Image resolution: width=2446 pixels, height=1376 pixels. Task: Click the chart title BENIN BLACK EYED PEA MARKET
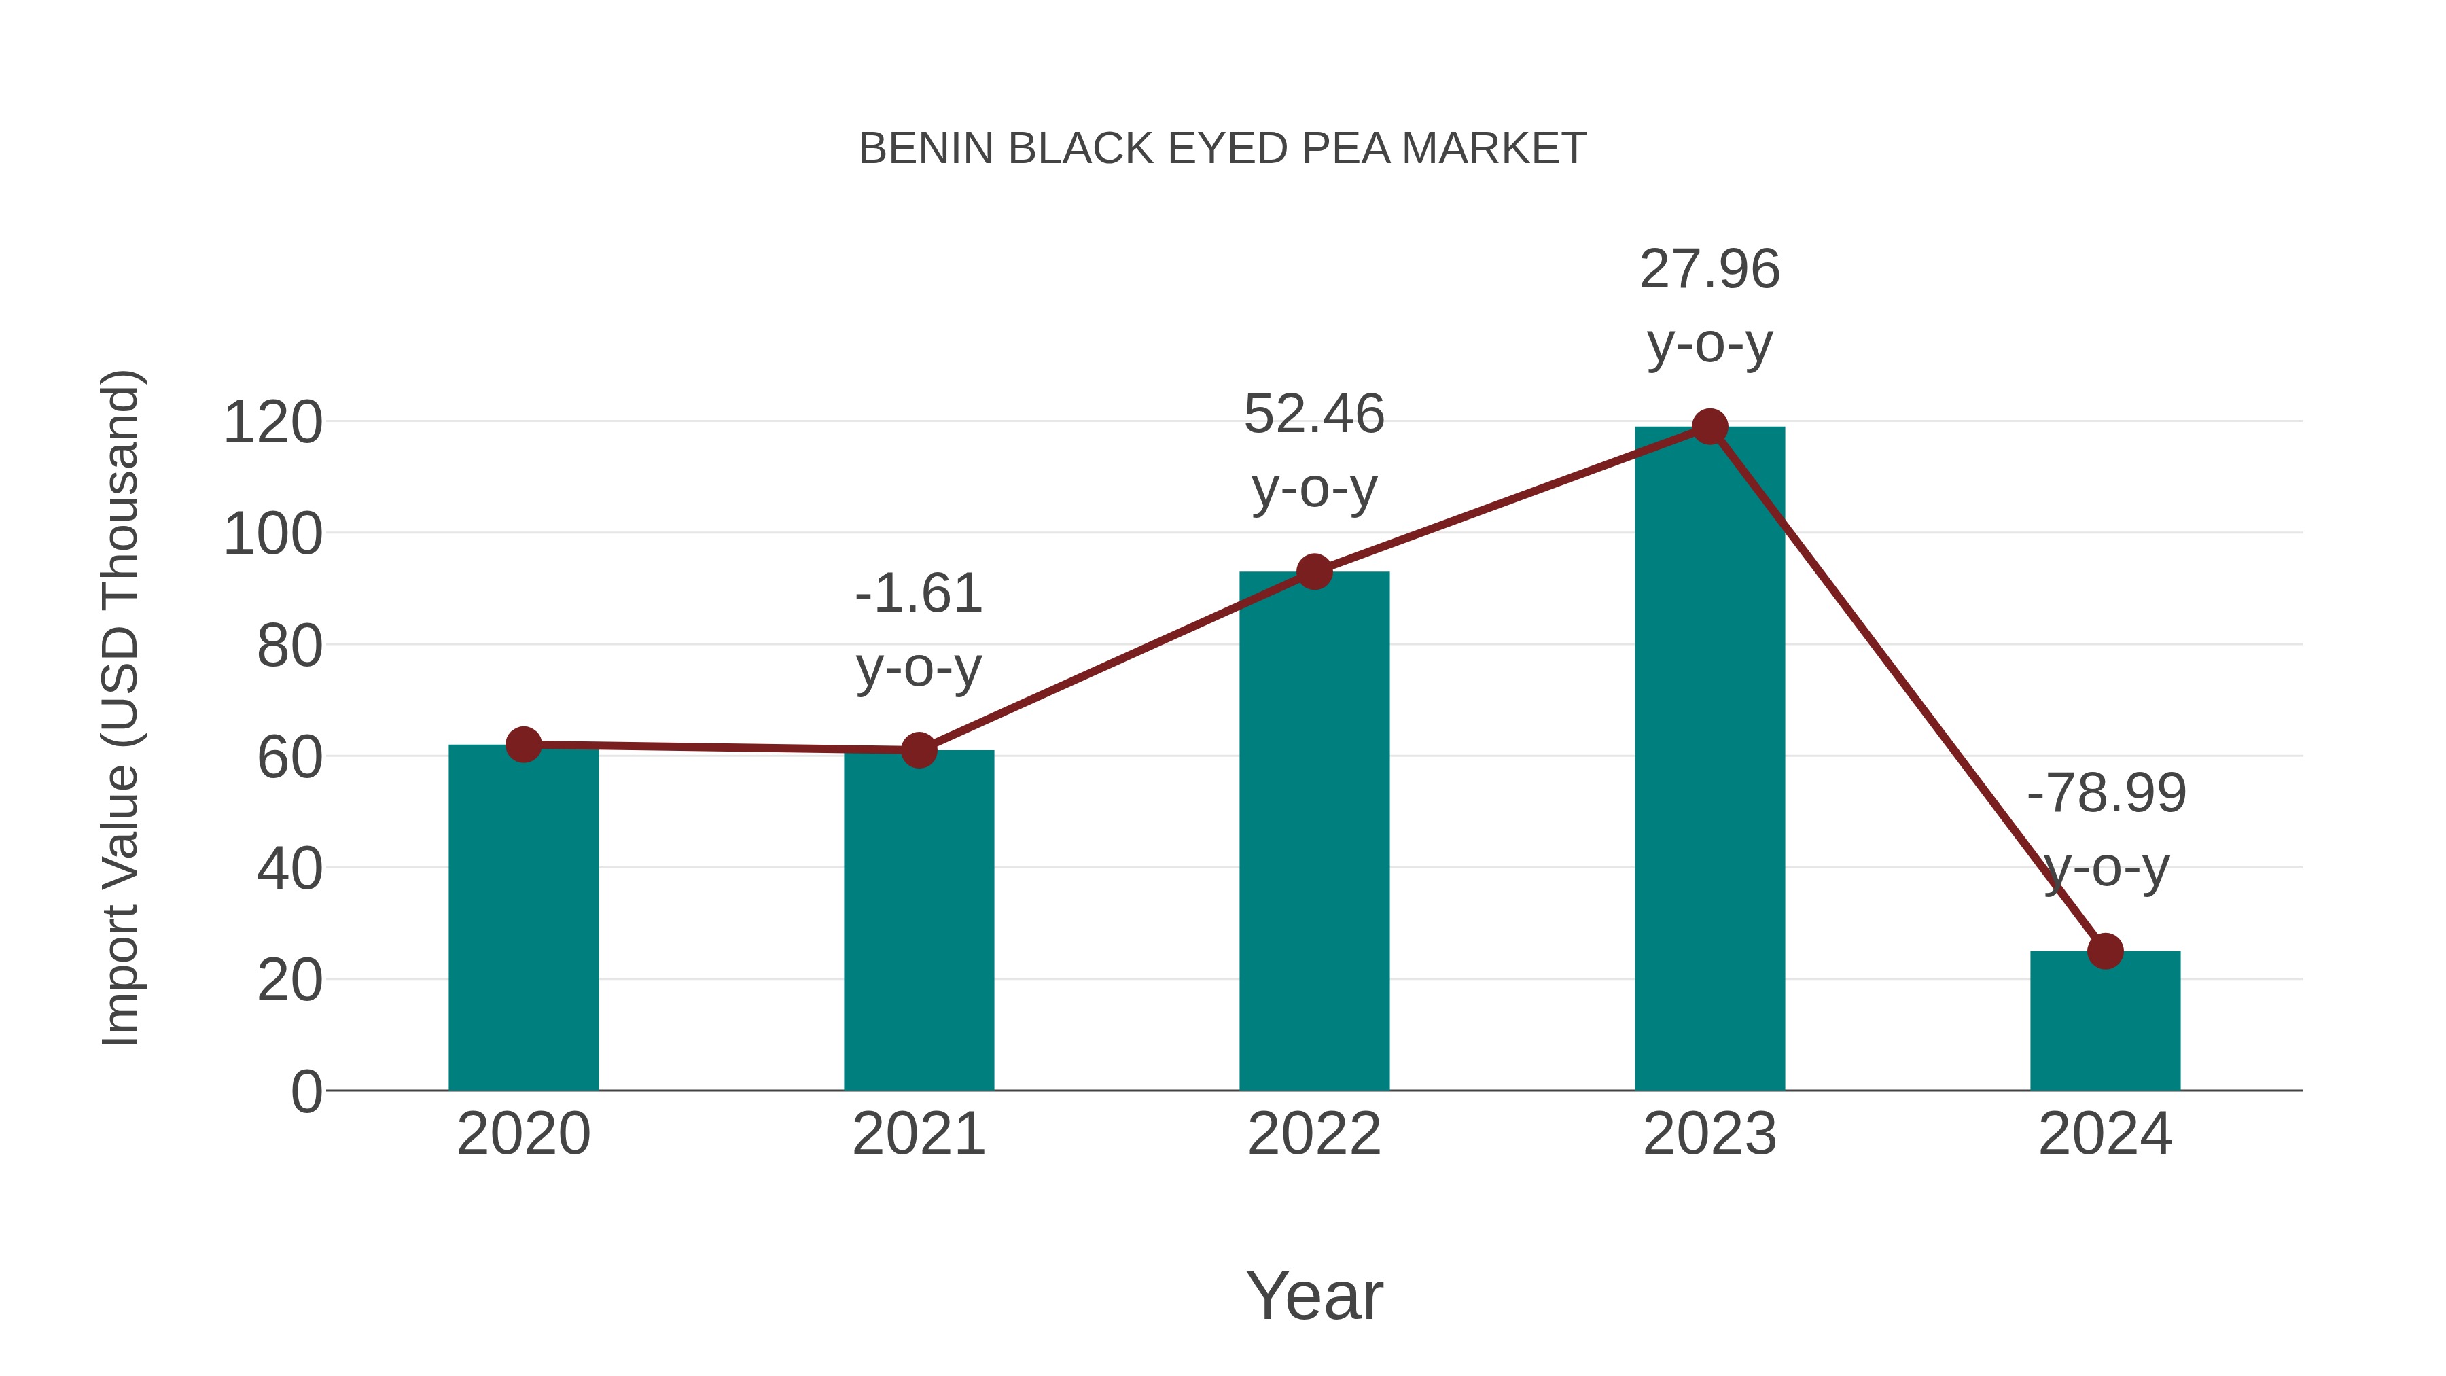point(1222,149)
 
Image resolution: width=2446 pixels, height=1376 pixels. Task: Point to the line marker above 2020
point(523,745)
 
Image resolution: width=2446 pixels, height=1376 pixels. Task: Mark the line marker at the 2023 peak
point(1709,427)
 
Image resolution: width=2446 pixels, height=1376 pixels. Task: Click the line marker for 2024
point(2105,951)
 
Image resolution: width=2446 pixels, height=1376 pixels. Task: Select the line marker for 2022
point(1314,571)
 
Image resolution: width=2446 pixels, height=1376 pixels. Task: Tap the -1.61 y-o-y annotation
point(918,631)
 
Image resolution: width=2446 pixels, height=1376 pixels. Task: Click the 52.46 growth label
point(1314,451)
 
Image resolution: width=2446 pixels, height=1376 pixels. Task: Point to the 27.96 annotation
point(1709,306)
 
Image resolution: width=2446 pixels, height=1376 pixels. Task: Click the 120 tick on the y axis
point(272,423)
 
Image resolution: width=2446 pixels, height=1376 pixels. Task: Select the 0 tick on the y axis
point(306,1091)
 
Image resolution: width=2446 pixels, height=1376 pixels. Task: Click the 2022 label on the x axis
point(1314,1134)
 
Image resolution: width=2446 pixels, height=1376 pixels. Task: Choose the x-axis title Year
point(1314,1295)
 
